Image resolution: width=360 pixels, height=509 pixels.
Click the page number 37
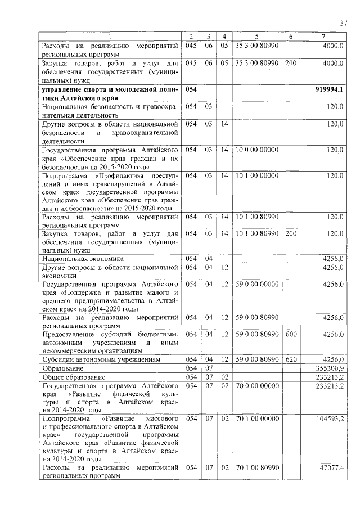tap(344, 22)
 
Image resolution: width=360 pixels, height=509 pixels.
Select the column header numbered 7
tap(323, 37)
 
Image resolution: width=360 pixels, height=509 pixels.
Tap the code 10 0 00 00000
tap(256, 150)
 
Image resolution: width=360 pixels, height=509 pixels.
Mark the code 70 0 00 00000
tap(256, 386)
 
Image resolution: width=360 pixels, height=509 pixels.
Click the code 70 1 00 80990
tap(256, 467)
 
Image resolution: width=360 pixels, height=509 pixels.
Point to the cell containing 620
tap(291, 359)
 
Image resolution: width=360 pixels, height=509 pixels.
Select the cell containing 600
tap(291, 335)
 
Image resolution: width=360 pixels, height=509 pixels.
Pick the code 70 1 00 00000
tap(256, 420)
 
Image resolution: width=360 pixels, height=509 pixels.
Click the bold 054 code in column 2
tap(192, 89)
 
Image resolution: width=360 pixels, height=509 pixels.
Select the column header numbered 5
tap(256, 37)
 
